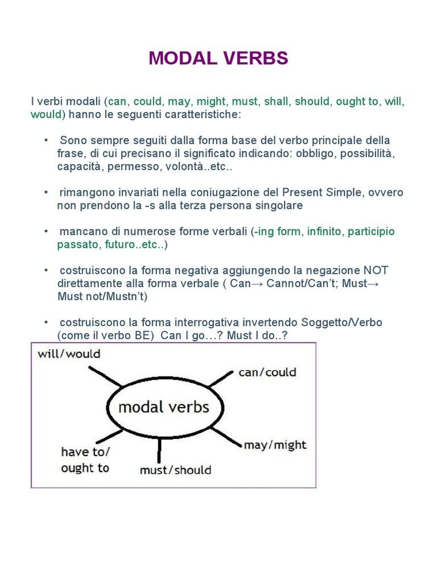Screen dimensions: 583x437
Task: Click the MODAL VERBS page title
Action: tap(218, 59)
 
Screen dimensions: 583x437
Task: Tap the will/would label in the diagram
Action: tap(69, 354)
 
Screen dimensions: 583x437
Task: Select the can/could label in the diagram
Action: tap(267, 372)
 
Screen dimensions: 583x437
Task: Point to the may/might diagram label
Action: tap(275, 445)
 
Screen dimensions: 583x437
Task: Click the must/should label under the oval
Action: tap(175, 470)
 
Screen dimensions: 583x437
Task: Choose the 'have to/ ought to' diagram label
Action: tap(85, 460)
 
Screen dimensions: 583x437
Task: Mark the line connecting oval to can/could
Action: tap(220, 380)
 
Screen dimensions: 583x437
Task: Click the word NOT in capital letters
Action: tap(376, 270)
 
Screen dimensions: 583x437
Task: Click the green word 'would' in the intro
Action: tap(46, 114)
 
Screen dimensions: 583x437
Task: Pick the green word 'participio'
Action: tap(371, 232)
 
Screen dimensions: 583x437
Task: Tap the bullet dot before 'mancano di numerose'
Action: tap(46, 232)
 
